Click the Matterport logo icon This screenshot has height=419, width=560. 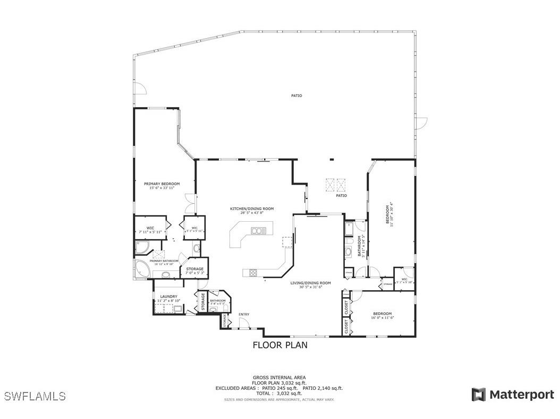click(478, 395)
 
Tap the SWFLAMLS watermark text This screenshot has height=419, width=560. click(35, 396)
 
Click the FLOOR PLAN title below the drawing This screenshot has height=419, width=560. click(279, 345)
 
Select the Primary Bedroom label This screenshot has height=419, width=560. click(162, 184)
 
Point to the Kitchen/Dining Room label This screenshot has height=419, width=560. click(252, 209)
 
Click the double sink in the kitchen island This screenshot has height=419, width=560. click(258, 231)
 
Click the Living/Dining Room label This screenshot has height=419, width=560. click(311, 283)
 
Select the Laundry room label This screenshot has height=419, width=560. click(168, 296)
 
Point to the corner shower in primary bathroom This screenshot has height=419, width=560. click(142, 248)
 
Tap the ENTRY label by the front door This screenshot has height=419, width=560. click(244, 315)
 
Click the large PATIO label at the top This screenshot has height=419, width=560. click(296, 96)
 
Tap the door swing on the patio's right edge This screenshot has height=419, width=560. click(421, 122)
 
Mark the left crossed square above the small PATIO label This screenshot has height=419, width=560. click(330, 184)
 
